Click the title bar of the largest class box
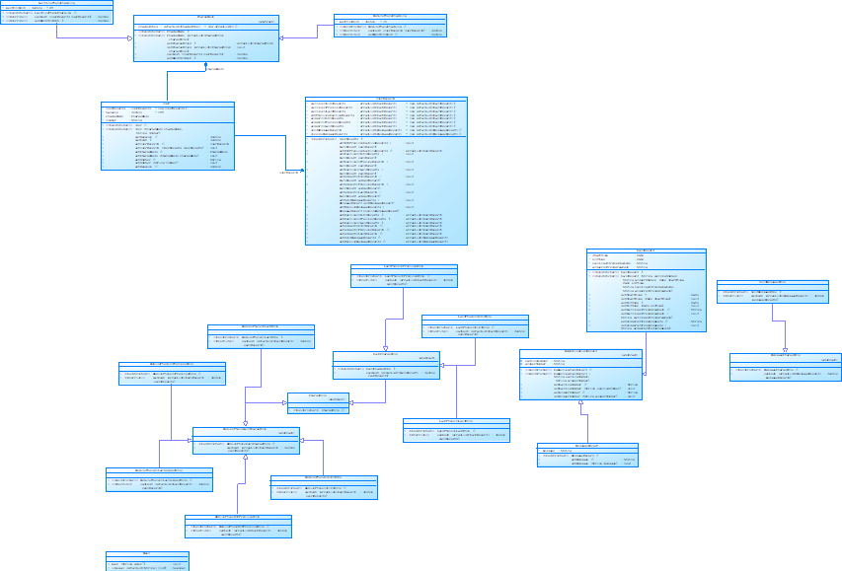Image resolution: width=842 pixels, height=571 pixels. pos(386,99)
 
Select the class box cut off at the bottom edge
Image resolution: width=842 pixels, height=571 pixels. pos(147,561)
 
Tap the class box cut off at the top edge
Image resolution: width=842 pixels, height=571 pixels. pos(56,11)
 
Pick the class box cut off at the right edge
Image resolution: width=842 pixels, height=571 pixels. pos(786,367)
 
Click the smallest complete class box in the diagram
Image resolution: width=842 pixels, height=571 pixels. pos(319,402)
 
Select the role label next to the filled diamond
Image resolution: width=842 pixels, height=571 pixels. pos(215,70)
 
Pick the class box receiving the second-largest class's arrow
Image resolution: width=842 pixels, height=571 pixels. pos(580,374)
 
